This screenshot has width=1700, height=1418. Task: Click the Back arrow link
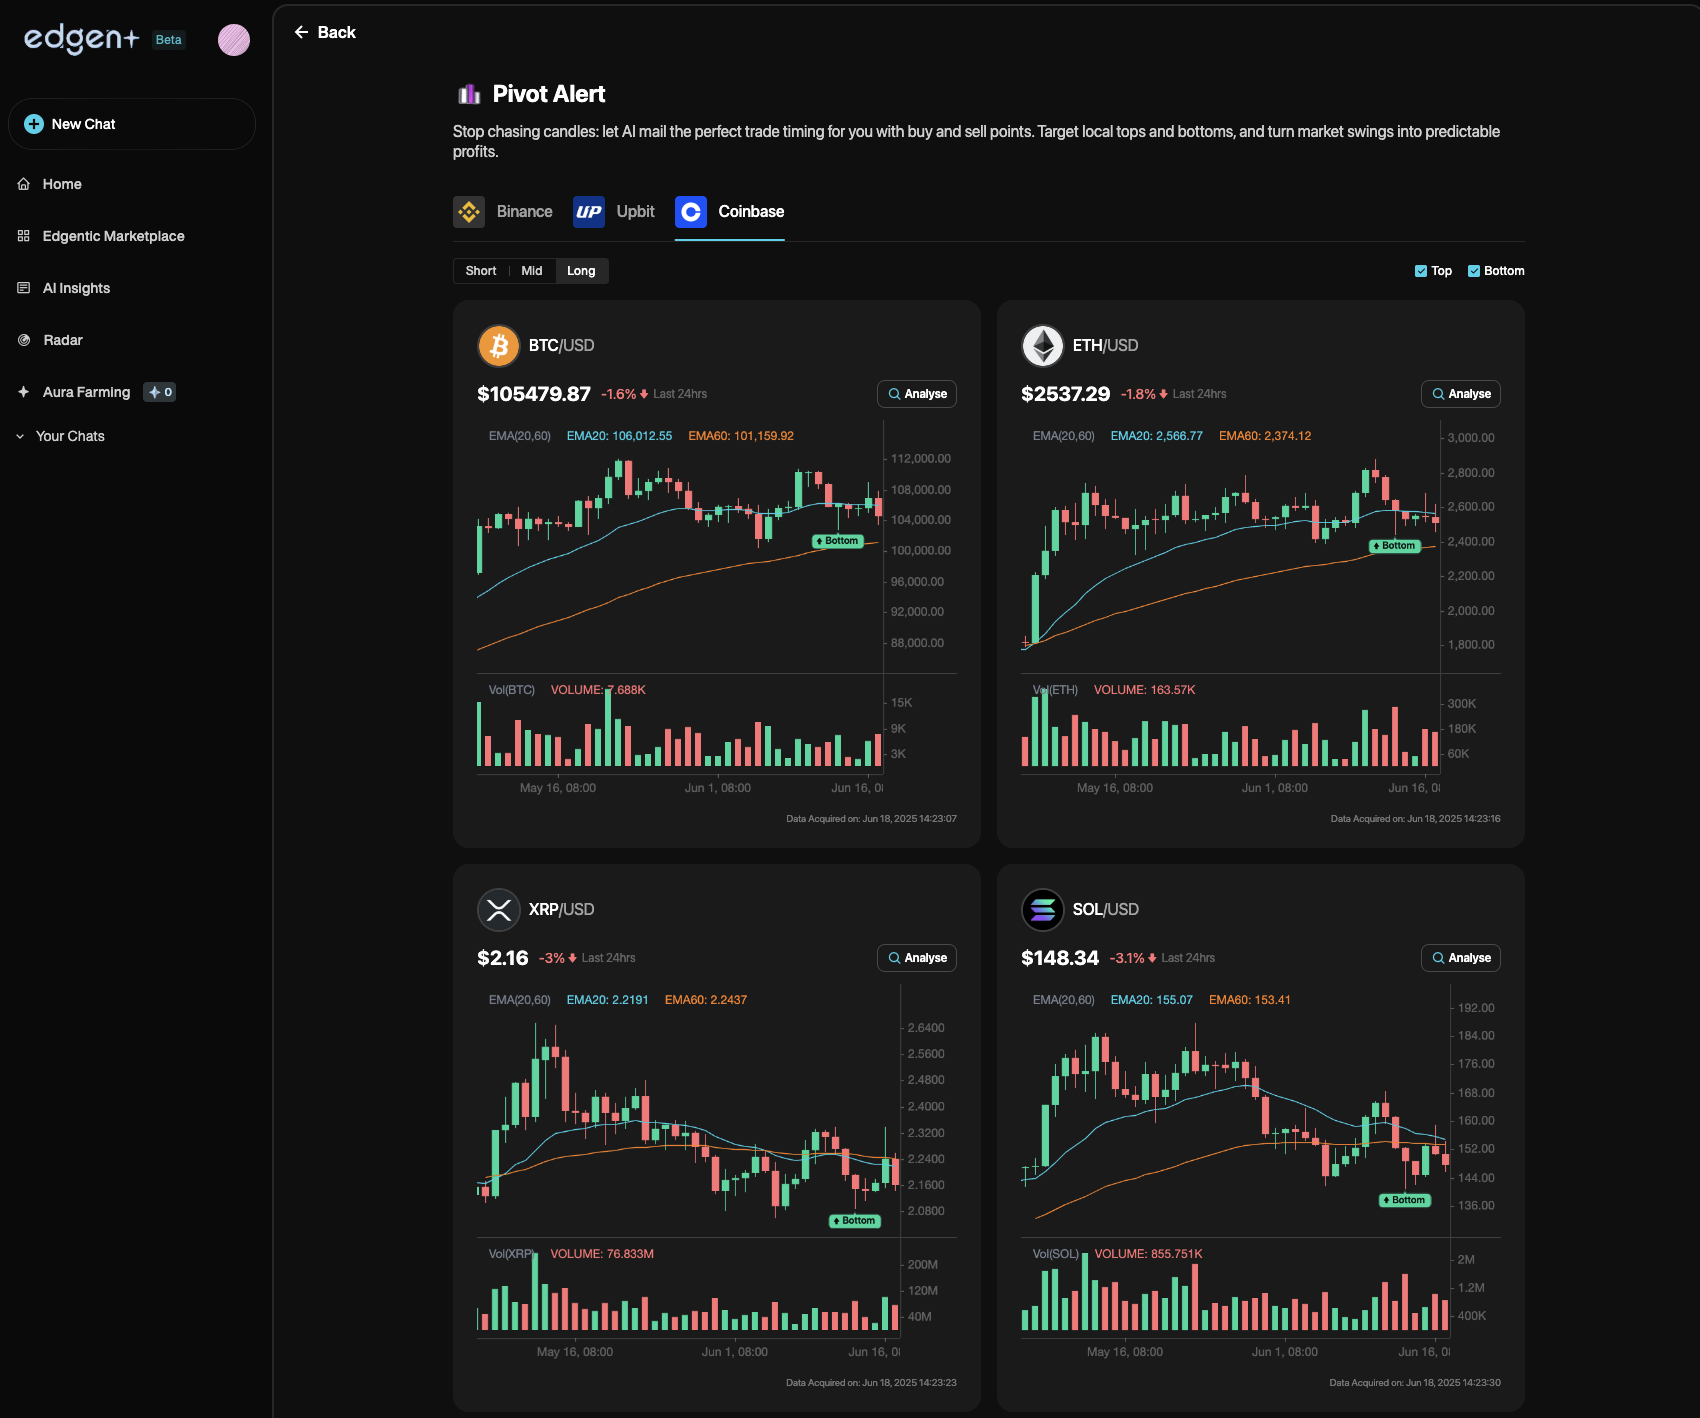tap(324, 33)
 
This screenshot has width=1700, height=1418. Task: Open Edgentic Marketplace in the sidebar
tap(113, 236)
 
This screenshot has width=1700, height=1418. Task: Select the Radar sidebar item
tap(62, 340)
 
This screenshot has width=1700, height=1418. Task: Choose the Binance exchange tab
tap(504, 212)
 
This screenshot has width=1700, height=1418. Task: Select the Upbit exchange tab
tap(614, 212)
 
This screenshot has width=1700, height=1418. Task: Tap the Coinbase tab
tap(730, 212)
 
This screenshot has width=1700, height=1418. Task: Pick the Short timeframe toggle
tap(481, 271)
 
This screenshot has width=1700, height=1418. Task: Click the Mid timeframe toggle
tap(532, 271)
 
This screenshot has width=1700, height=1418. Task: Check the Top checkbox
tap(1421, 271)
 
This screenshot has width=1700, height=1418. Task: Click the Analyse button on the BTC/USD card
tap(917, 394)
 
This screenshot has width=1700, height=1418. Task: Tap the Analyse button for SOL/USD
tap(1461, 958)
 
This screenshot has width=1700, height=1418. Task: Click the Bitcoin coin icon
tap(499, 346)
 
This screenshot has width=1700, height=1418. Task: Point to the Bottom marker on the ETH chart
tap(1395, 546)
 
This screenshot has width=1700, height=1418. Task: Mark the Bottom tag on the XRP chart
tap(855, 1221)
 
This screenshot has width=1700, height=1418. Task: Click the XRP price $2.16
tap(503, 958)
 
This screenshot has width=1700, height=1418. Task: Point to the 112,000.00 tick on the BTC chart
tap(921, 459)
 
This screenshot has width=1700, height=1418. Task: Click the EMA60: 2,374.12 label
tap(1265, 436)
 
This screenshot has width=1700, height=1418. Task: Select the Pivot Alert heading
tap(549, 94)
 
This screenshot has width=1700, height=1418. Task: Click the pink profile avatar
tap(234, 40)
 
